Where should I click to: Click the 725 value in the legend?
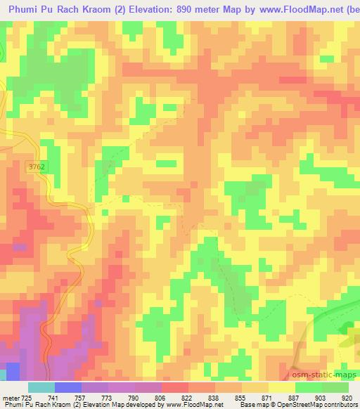[x=25, y=398]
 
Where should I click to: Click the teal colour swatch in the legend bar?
[x=41, y=387]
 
